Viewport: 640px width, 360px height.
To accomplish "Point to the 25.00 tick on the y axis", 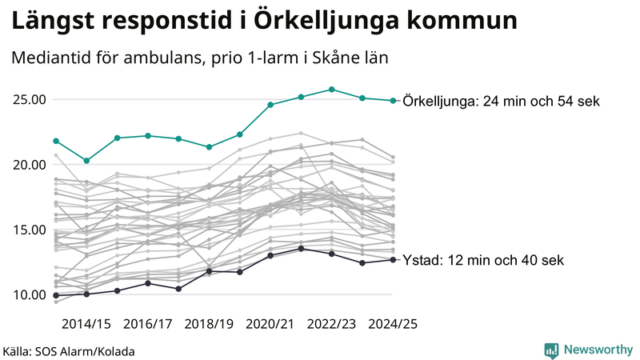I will (29, 100).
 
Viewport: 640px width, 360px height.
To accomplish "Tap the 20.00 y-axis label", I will (29, 165).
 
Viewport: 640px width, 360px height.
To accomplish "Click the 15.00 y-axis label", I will (29, 230).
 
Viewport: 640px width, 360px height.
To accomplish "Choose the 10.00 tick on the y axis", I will (29, 294).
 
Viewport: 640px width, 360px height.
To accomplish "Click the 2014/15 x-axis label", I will (86, 324).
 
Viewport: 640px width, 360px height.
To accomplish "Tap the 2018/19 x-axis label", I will (209, 324).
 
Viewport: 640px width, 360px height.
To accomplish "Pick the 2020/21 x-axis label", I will (270, 324).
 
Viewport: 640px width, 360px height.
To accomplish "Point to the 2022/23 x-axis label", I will (332, 324).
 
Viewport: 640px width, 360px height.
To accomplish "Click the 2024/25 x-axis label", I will (393, 324).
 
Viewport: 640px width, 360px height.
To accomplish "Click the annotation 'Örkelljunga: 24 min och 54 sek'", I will (502, 102).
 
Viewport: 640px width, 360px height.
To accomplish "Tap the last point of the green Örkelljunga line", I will (393, 101).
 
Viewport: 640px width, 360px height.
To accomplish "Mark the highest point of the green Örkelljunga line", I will (332, 90).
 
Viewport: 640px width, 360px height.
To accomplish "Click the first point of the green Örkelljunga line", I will (56, 141).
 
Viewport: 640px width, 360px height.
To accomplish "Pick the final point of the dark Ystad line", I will (393, 260).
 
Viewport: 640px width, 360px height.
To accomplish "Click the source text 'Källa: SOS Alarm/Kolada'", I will (69, 351).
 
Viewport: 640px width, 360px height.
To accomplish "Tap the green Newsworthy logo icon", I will (551, 350).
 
